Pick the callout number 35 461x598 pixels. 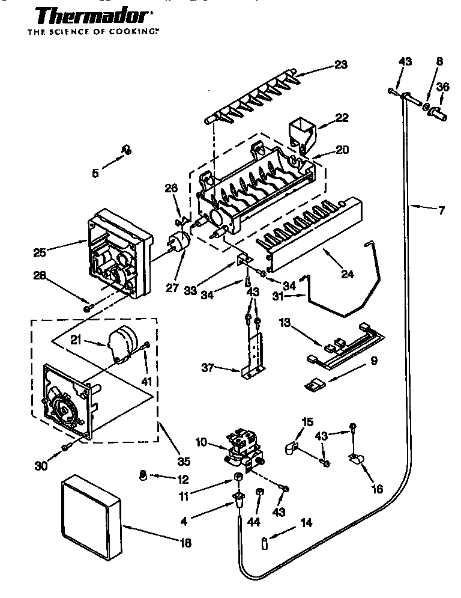click(x=184, y=462)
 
